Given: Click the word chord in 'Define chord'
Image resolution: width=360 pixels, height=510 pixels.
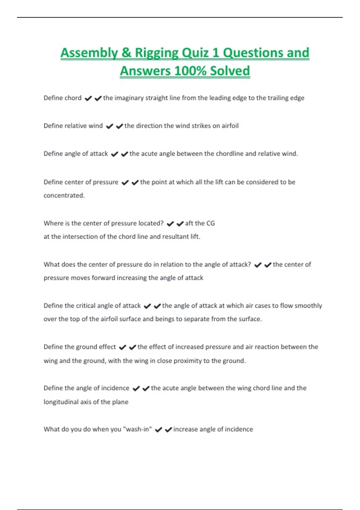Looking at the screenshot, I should click(x=73, y=98).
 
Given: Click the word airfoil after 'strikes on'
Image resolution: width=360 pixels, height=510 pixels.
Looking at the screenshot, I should click(x=230, y=126).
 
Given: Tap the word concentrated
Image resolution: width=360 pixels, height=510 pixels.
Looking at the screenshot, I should click(x=64, y=195).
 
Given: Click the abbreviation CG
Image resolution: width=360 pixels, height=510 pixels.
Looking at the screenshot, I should click(x=211, y=223).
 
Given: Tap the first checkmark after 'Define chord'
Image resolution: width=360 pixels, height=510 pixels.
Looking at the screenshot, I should click(x=88, y=98).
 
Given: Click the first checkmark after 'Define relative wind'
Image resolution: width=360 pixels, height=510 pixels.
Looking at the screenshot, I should click(x=109, y=126).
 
